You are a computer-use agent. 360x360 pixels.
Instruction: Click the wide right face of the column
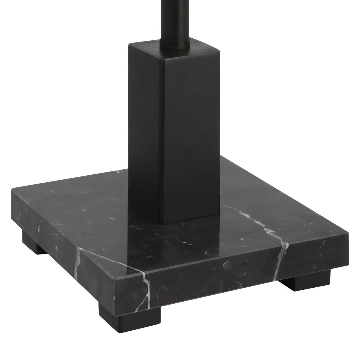[190, 133]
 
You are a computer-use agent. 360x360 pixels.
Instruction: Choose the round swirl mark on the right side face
[227, 264]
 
